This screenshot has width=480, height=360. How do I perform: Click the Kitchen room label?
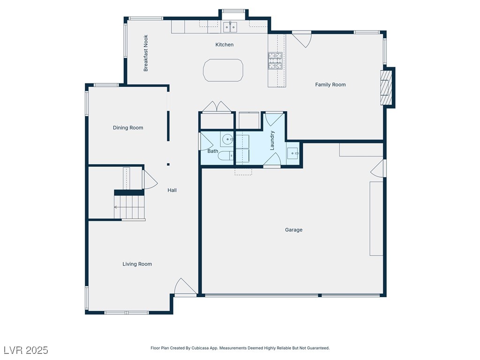click(x=225, y=45)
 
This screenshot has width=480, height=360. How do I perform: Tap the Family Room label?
click(x=330, y=84)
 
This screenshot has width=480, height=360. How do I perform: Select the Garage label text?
click(x=293, y=230)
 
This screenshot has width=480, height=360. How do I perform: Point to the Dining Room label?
click(x=128, y=127)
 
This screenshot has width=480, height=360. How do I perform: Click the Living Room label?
click(x=137, y=264)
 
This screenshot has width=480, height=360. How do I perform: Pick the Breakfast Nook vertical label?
click(x=146, y=53)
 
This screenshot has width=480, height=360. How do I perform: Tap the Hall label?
click(x=172, y=190)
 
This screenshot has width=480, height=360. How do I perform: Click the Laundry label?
click(x=272, y=141)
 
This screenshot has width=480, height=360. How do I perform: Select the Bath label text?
click(x=213, y=151)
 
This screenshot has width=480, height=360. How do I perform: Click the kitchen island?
click(x=223, y=70)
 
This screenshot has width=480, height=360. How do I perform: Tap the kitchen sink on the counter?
click(x=230, y=27)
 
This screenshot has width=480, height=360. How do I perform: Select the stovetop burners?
click(x=275, y=60)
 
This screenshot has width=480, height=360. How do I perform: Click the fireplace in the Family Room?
click(x=386, y=88)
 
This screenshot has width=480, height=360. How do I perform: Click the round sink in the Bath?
click(x=227, y=140)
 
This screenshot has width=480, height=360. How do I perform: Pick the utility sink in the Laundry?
click(x=293, y=153)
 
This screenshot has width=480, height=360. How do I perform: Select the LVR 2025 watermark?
click(x=26, y=350)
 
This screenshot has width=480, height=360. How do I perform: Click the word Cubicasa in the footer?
click(x=200, y=348)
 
